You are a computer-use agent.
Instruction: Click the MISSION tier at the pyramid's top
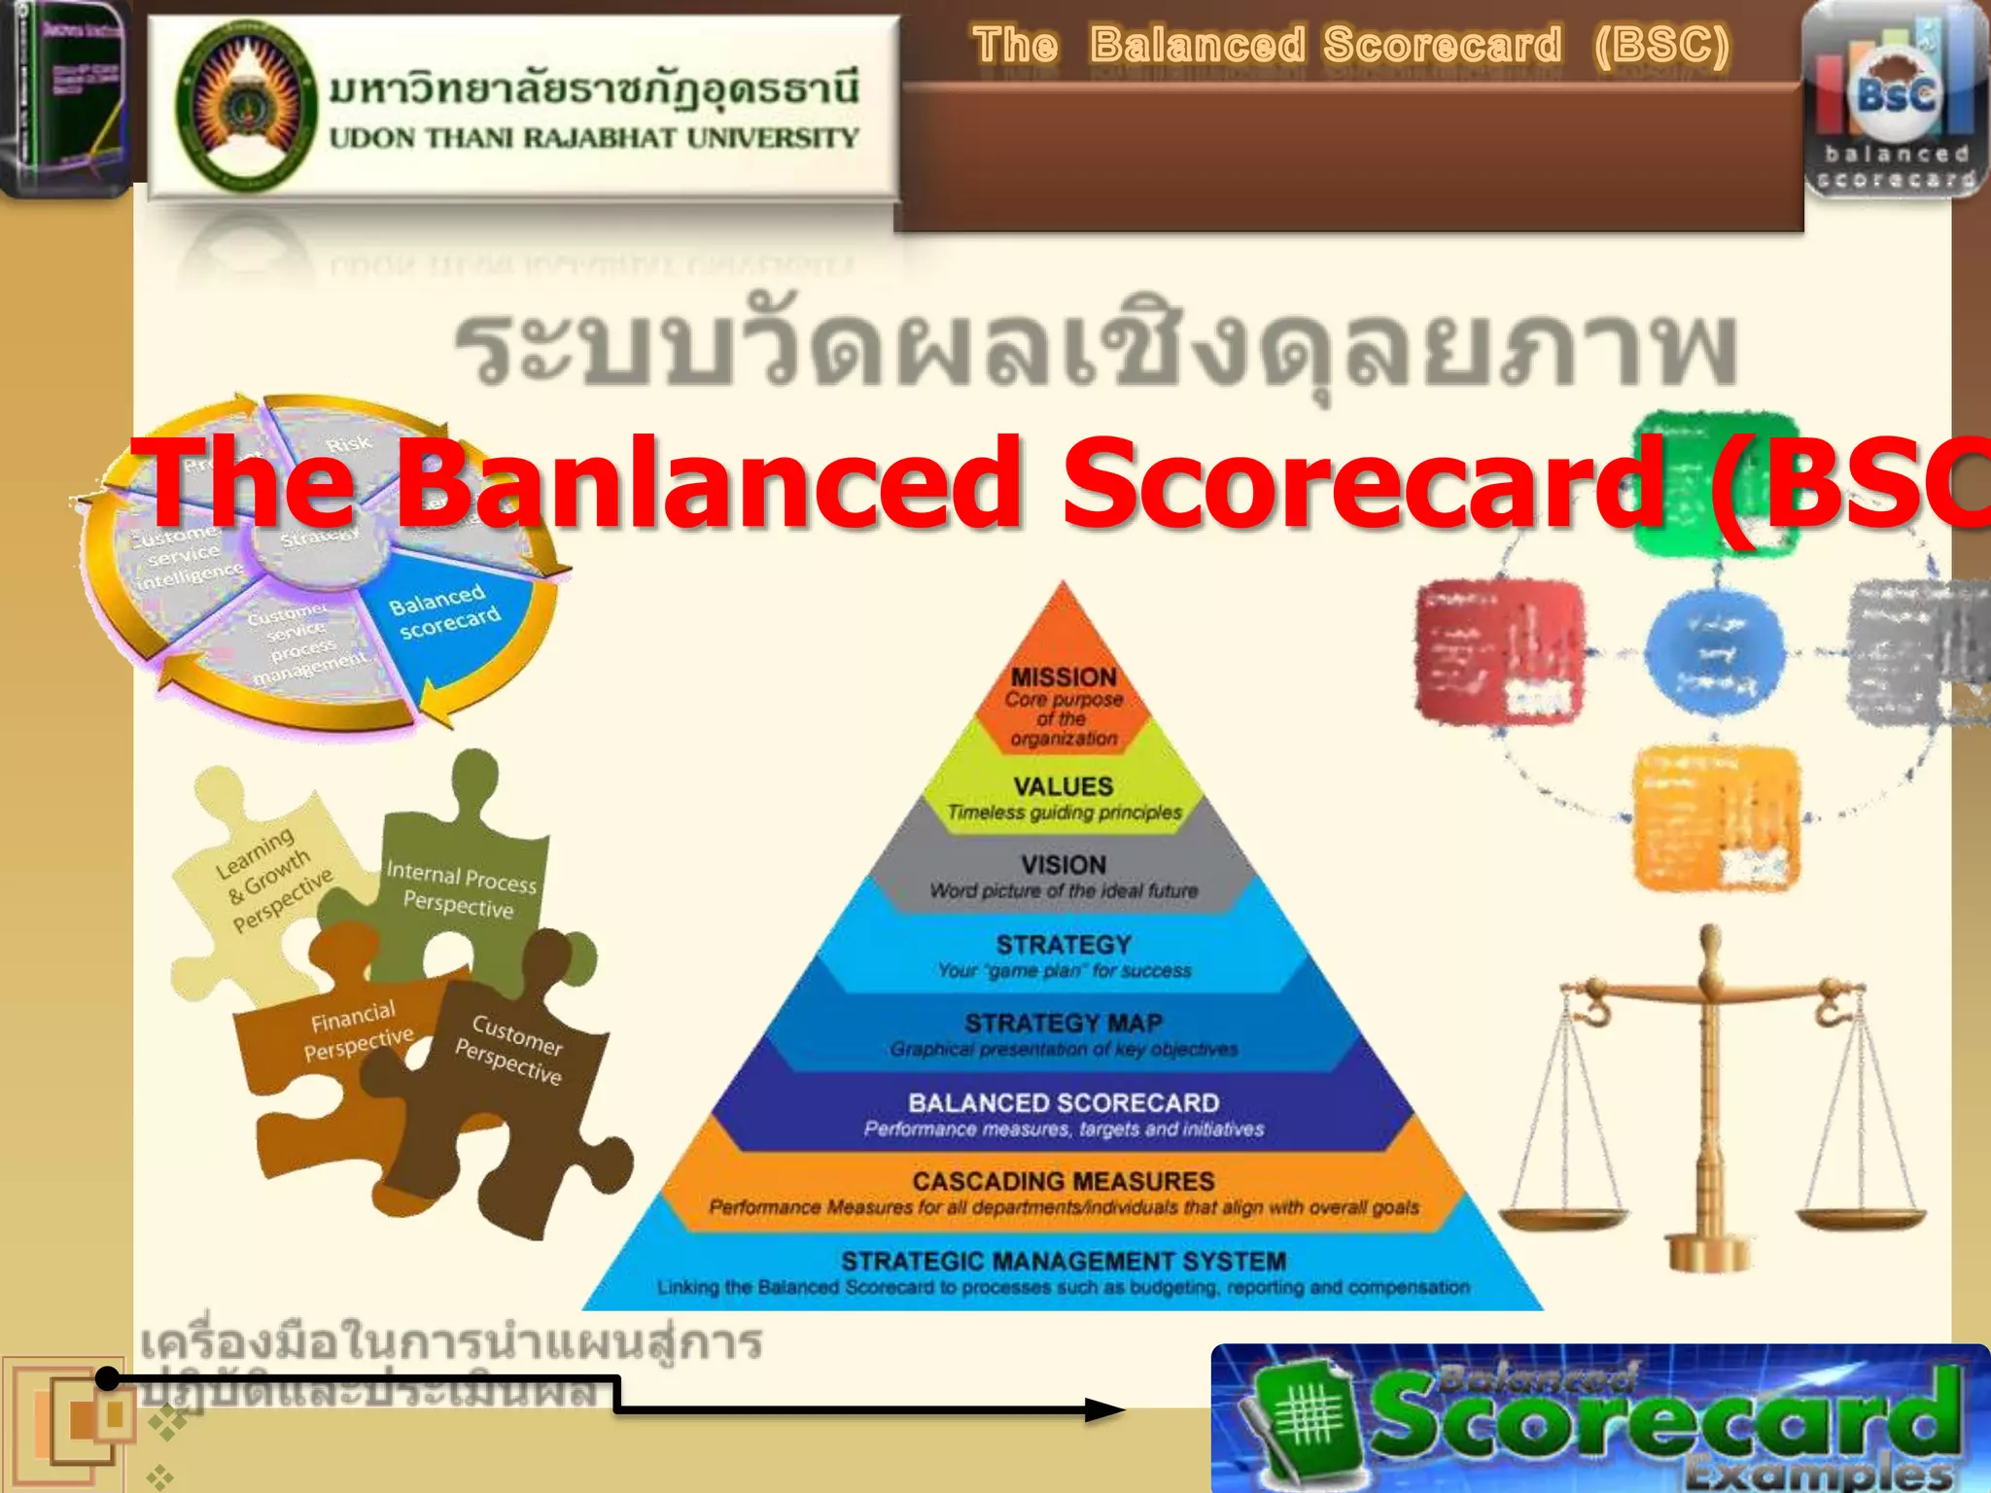pyautogui.click(x=1064, y=678)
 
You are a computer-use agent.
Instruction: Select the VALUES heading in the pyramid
pyautogui.click(x=1064, y=786)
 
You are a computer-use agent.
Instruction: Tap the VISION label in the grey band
pyautogui.click(x=1064, y=865)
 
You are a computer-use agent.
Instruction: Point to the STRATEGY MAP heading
pyautogui.click(x=1064, y=1024)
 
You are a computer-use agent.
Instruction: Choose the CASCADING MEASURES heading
pyautogui.click(x=1064, y=1182)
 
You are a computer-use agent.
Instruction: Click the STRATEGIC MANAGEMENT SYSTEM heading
pyautogui.click(x=1064, y=1262)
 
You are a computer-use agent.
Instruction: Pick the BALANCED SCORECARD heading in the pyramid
pyautogui.click(x=1064, y=1103)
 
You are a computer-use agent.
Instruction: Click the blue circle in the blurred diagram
pyautogui.click(x=1715, y=651)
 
